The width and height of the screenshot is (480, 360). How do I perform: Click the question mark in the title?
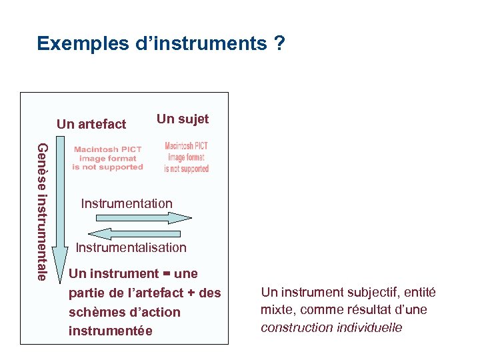tap(279, 44)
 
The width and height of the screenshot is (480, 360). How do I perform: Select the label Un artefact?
tap(91, 124)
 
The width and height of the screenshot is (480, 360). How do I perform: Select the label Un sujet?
tap(183, 119)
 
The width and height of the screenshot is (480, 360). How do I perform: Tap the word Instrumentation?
tap(127, 203)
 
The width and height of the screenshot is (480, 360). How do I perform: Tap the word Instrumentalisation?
tap(131, 247)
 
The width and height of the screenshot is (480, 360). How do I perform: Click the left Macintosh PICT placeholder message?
tap(107, 159)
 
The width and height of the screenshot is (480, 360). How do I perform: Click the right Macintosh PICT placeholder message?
tap(187, 157)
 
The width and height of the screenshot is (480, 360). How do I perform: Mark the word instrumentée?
tap(111, 331)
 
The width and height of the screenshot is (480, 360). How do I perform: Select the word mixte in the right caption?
tap(275, 309)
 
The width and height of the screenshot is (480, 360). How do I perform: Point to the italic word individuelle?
tap(369, 327)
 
